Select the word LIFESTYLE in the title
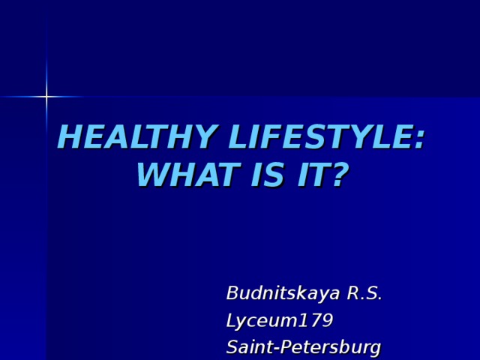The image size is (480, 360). (320, 139)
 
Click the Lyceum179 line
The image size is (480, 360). (279, 321)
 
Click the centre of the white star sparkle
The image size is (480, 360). (46, 96)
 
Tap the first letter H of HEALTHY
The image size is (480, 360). (70, 139)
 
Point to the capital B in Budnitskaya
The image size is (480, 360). (233, 292)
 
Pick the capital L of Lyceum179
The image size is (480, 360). (232, 320)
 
